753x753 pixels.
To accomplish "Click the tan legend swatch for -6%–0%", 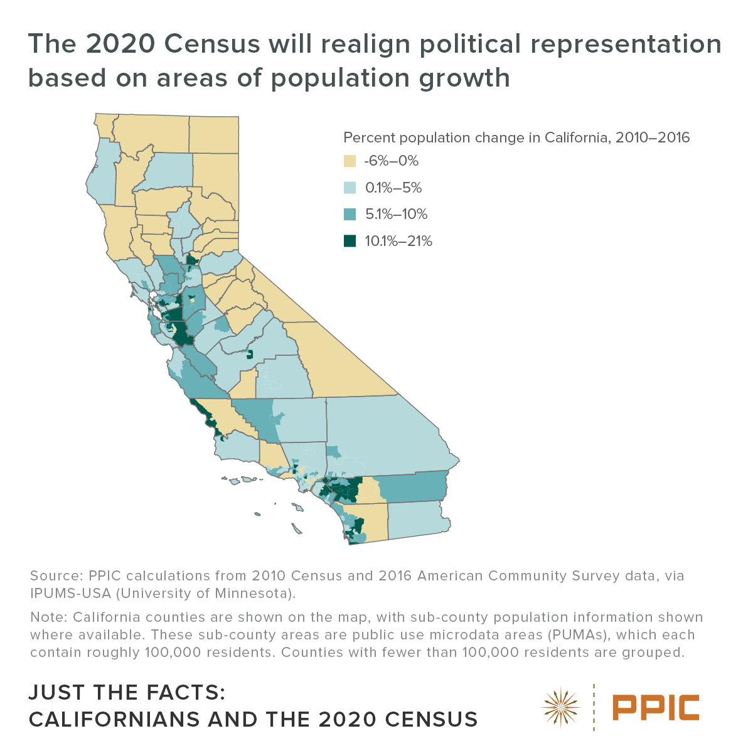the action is click(350, 161).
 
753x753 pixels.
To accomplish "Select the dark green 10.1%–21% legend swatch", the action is click(350, 241).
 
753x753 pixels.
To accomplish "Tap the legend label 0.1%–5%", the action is click(393, 188).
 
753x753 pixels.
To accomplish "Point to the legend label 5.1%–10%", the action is click(396, 215).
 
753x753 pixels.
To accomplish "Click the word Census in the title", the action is click(212, 44).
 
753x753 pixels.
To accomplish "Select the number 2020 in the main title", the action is click(120, 44).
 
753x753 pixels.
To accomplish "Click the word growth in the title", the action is click(464, 79).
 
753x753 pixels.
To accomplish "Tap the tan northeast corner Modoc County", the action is click(214, 135).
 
